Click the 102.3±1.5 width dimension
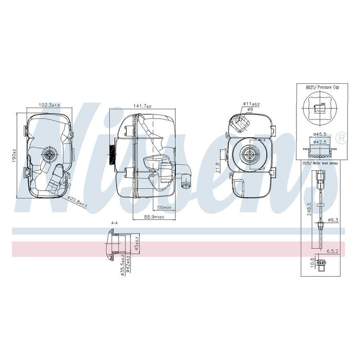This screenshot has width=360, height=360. [x=49, y=105]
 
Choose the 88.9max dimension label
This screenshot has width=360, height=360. [x=154, y=217]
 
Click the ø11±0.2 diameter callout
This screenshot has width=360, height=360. [x=251, y=104]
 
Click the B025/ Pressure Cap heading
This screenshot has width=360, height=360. [x=322, y=87]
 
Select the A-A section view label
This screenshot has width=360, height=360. [x=114, y=222]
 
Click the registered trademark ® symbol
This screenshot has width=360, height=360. [x=341, y=138]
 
